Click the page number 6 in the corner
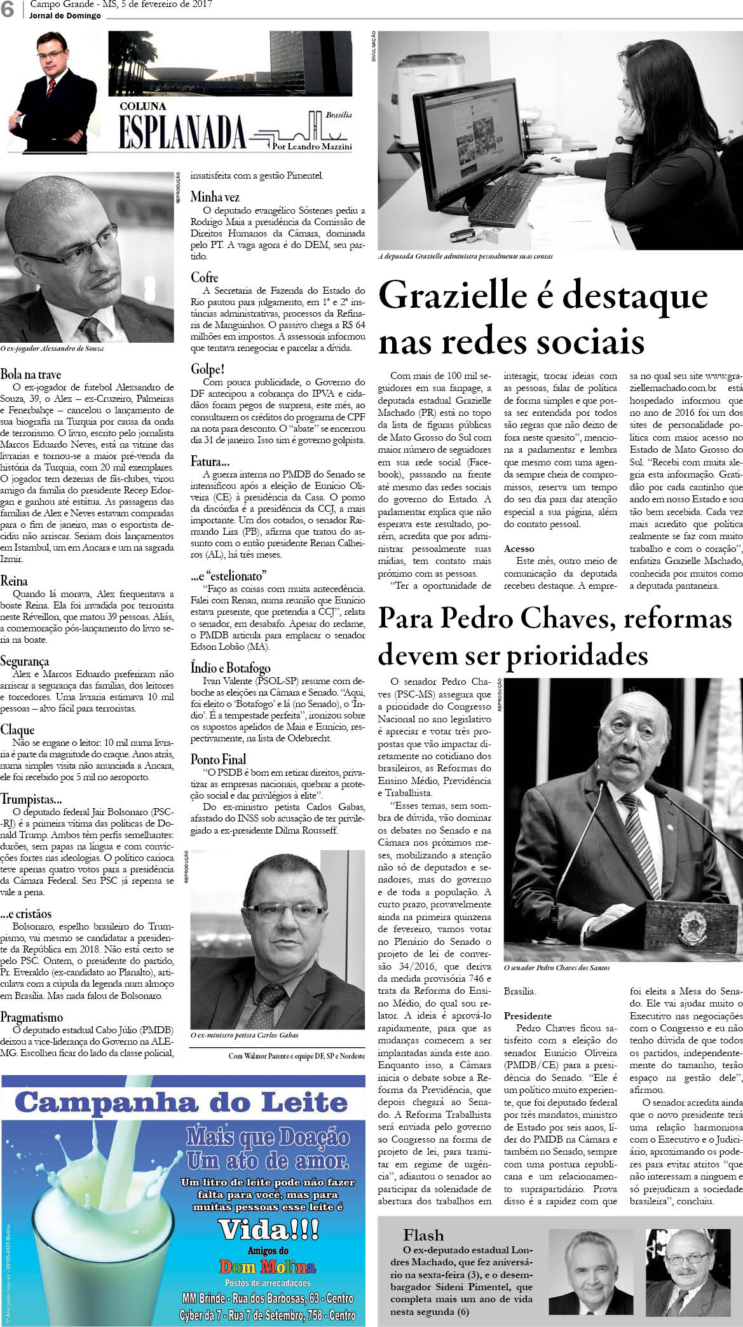(x=8, y=10)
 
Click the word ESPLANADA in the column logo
(x=182, y=132)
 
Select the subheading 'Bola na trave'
(x=31, y=374)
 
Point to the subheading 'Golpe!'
(x=208, y=369)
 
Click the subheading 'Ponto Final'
(x=218, y=759)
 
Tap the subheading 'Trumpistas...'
(x=31, y=799)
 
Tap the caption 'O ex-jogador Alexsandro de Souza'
(x=53, y=349)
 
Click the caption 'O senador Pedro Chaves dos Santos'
(x=557, y=968)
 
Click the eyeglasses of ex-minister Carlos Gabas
(x=282, y=914)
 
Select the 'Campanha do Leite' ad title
(x=182, y=1101)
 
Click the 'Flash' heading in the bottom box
(x=423, y=1235)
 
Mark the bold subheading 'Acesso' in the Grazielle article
(x=519, y=548)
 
